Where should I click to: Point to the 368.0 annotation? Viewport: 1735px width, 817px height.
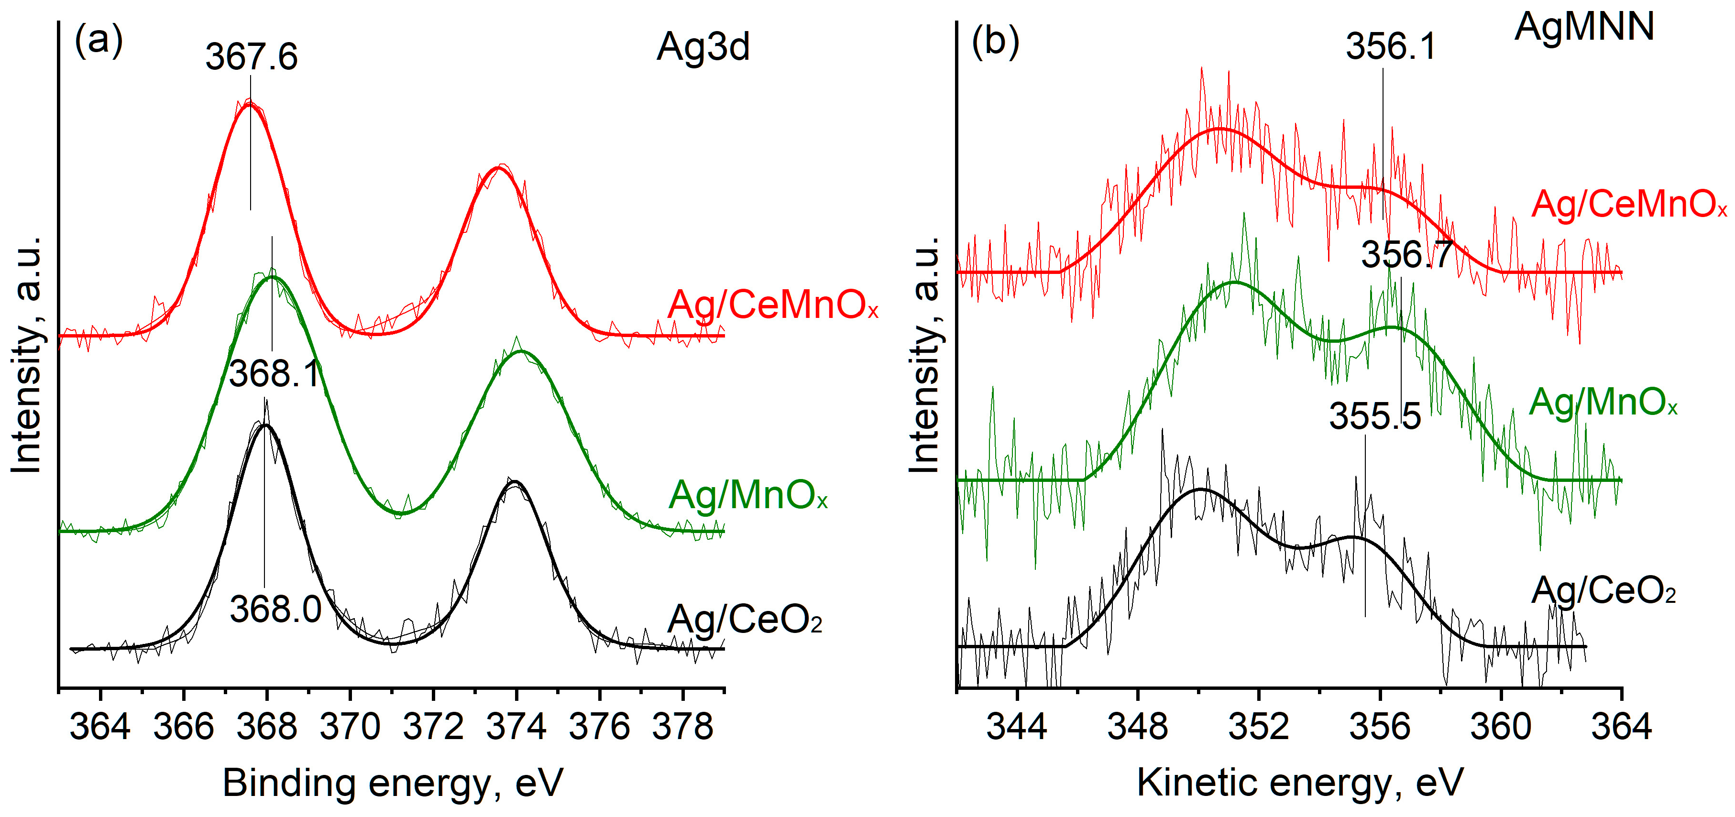pos(275,610)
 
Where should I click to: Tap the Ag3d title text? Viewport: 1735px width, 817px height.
pos(703,48)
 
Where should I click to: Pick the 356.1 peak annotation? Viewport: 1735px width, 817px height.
pos(1391,47)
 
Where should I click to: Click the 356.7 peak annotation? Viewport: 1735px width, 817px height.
pos(1406,255)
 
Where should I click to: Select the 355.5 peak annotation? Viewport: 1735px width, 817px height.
pos(1375,416)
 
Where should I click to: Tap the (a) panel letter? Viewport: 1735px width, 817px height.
pos(99,41)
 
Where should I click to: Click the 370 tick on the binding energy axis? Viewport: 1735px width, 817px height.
pos(350,727)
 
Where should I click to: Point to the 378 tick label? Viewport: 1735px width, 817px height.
pos(683,727)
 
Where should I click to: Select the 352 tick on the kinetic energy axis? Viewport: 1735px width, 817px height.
pos(1258,727)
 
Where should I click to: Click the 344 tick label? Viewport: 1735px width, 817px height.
pos(1016,727)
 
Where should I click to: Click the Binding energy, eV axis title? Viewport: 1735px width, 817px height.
pos(392,784)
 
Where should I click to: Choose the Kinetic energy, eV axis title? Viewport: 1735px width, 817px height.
pos(1300,784)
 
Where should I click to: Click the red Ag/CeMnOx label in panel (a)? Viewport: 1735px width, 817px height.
pos(772,305)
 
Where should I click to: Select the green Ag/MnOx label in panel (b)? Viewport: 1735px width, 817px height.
pos(1603,403)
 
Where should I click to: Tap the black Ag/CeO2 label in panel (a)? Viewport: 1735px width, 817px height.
pos(744,620)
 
